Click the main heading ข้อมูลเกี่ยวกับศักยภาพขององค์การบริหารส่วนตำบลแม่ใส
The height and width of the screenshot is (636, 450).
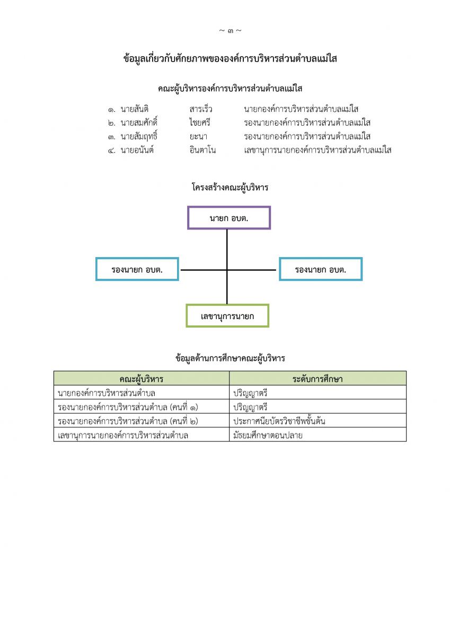(230, 59)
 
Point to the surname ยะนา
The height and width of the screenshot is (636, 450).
(198, 136)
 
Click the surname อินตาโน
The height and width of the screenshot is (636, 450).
(202, 150)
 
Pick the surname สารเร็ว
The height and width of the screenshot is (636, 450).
(201, 109)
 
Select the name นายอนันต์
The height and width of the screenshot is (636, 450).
(137, 150)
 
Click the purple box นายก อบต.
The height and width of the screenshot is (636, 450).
(229, 218)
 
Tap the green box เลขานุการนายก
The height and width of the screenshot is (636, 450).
(227, 316)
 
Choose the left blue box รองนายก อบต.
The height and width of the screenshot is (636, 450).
(137, 269)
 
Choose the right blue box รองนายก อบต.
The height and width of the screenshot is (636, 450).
(321, 269)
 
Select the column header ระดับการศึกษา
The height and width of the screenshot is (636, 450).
(317, 378)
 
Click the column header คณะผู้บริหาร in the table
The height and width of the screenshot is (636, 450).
(141, 378)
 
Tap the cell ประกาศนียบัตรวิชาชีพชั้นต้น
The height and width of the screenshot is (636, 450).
(279, 421)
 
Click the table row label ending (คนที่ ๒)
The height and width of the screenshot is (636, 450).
(130, 421)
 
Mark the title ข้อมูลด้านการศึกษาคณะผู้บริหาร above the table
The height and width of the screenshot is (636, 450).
(230, 358)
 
